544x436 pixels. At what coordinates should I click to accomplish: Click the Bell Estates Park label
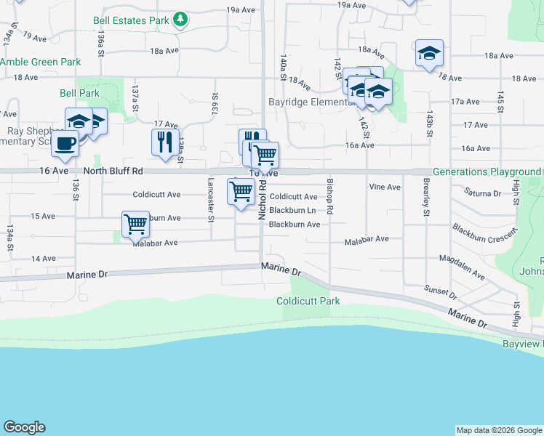pyautogui.click(x=132, y=21)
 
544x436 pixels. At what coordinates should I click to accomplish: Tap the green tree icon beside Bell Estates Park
pyautogui.click(x=180, y=20)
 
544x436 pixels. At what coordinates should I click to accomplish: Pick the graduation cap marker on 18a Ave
pyautogui.click(x=429, y=53)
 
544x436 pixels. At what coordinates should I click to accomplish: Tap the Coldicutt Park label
pyautogui.click(x=308, y=301)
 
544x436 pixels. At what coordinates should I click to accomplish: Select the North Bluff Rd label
pyautogui.click(x=113, y=171)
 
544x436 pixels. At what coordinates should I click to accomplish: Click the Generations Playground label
pyautogui.click(x=487, y=172)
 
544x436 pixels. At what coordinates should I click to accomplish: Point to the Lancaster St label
pyautogui.click(x=211, y=200)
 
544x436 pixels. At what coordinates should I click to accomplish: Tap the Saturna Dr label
pyautogui.click(x=482, y=193)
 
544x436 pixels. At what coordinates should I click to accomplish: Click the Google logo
pyautogui.click(x=24, y=427)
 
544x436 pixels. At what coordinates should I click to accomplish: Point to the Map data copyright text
pyautogui.click(x=498, y=430)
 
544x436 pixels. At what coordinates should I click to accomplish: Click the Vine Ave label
pyautogui.click(x=385, y=187)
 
